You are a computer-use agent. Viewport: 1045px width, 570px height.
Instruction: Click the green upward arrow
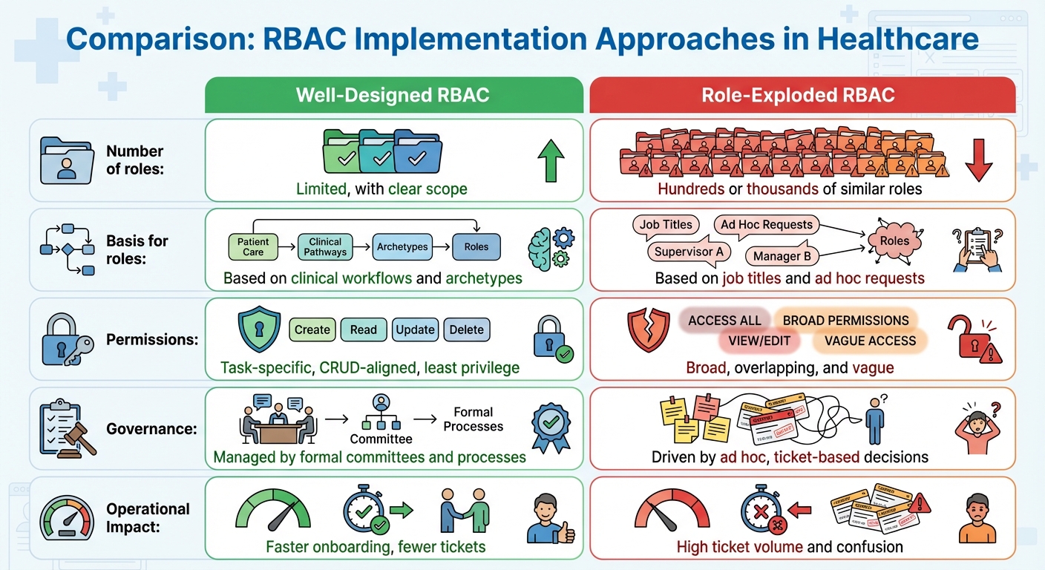click(550, 160)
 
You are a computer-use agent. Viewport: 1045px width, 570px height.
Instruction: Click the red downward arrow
click(979, 160)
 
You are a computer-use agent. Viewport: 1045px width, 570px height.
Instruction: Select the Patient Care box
click(253, 246)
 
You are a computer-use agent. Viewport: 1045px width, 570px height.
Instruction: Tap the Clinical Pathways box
click(325, 246)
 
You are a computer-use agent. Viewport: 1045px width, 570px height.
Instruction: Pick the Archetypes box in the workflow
click(402, 246)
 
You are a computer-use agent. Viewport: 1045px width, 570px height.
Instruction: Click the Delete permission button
click(467, 330)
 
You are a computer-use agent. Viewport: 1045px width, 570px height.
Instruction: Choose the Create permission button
click(312, 330)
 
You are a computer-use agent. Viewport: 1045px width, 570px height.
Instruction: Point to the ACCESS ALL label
click(724, 320)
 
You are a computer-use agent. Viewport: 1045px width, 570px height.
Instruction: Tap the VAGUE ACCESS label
click(865, 341)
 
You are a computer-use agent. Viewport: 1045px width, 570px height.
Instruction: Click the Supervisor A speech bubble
click(688, 252)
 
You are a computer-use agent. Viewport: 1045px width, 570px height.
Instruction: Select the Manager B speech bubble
click(782, 257)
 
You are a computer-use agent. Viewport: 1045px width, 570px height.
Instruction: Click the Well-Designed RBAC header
click(393, 95)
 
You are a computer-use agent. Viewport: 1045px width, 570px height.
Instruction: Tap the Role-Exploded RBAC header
click(802, 95)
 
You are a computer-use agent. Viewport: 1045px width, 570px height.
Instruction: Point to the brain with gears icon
click(550, 248)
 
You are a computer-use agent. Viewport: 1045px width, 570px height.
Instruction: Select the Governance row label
click(141, 428)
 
